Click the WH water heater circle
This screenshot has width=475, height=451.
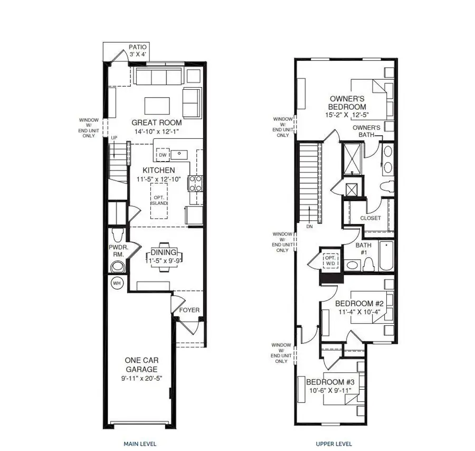tap(117, 284)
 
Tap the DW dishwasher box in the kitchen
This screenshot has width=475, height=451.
tap(163, 155)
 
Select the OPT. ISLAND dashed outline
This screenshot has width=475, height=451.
tap(159, 201)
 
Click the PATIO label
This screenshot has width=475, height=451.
tap(138, 47)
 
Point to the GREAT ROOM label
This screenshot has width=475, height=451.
tap(157, 123)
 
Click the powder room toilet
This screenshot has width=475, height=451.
tap(118, 235)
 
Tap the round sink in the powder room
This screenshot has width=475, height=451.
tap(118, 267)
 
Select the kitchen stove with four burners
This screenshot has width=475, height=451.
tap(195, 183)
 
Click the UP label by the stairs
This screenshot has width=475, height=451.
tap(114, 138)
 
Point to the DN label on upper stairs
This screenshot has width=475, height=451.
tap(309, 226)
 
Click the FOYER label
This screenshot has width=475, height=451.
tap(189, 310)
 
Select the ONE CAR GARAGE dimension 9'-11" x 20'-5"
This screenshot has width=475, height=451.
tap(142, 378)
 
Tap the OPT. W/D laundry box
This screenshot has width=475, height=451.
tap(330, 261)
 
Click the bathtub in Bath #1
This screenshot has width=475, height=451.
tap(386, 256)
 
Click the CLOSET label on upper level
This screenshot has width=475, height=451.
tap(370, 218)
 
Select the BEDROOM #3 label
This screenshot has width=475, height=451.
tap(330, 382)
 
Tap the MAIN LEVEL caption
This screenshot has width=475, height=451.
tap(140, 444)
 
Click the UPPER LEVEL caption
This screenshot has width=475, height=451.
tap(334, 444)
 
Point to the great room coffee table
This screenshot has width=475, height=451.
tap(157, 106)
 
